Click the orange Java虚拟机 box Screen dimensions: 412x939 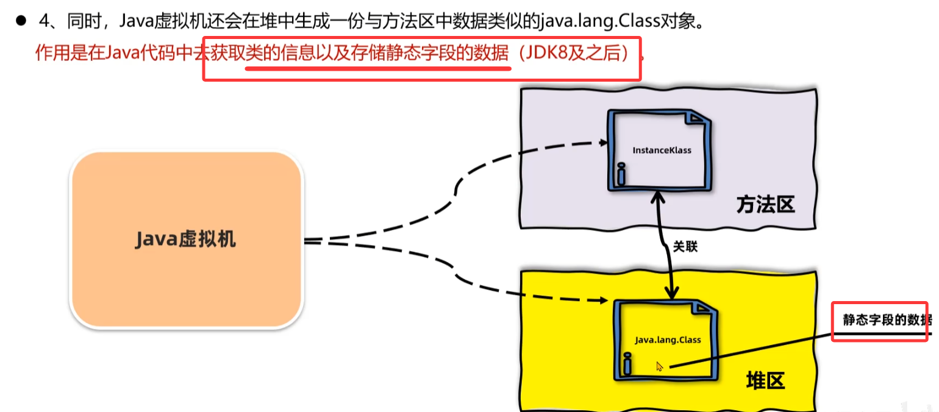tap(186, 240)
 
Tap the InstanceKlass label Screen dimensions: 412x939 tap(662, 150)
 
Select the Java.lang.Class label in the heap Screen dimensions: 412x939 tap(668, 339)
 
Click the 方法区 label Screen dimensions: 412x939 tap(765, 205)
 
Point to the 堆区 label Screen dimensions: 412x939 tap(765, 381)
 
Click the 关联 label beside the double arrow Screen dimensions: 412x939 tap(685, 247)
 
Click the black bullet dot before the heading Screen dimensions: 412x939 tap(21, 21)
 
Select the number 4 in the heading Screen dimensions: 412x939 tap(43, 21)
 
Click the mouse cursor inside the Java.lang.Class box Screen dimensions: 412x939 tap(659, 366)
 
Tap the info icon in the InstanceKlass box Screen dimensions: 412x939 tap(621, 174)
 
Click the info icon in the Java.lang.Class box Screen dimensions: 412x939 tap(626, 364)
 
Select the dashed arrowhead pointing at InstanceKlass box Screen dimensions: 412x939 tap(603, 143)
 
